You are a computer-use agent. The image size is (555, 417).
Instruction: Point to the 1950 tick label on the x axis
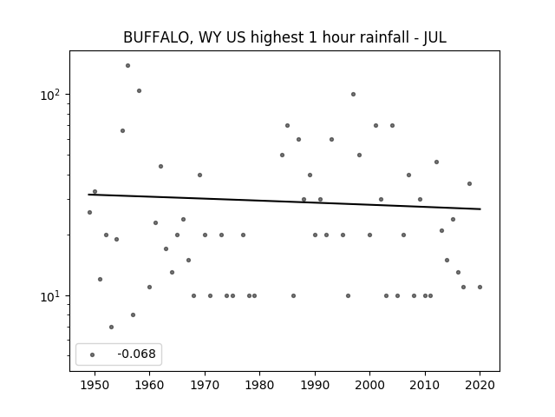click(95, 385)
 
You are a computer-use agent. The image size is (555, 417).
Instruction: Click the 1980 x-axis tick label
click(259, 385)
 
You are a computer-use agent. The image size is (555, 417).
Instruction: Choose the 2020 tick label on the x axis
click(480, 385)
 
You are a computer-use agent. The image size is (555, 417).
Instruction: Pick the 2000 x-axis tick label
click(369, 385)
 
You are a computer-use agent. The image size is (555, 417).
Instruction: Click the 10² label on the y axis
click(52, 95)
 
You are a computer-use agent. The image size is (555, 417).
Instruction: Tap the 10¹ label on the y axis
click(52, 296)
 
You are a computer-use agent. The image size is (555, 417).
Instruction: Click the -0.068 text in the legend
click(137, 354)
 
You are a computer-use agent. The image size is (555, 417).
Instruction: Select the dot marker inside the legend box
click(93, 354)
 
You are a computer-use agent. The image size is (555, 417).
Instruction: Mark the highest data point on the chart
click(127, 66)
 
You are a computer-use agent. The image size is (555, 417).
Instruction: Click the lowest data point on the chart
click(112, 327)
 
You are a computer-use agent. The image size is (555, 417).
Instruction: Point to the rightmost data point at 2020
click(480, 288)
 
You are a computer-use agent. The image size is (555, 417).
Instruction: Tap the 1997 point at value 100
click(353, 95)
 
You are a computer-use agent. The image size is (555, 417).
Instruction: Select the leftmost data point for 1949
click(89, 212)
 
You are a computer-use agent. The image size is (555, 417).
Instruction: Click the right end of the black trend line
click(480, 208)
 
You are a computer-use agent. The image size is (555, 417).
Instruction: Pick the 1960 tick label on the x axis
click(149, 385)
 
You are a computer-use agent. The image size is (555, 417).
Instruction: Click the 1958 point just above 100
click(139, 90)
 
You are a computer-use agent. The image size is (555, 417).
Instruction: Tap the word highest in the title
click(277, 37)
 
